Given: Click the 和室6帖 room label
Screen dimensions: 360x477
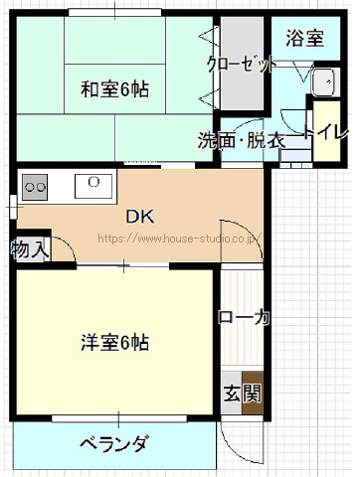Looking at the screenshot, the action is [x=114, y=89].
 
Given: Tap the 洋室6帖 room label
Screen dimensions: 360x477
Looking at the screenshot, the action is [x=114, y=342].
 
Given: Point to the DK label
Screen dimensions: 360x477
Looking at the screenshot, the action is [x=140, y=217].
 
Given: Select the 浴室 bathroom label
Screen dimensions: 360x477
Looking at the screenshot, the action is [x=304, y=38].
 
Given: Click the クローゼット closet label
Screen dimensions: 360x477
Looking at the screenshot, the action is [x=242, y=64].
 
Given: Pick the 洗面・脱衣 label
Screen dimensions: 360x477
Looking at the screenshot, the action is [x=242, y=140].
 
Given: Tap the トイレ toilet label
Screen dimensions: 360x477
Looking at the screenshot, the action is [x=326, y=132].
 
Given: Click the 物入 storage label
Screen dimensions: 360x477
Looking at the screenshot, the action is [x=30, y=249].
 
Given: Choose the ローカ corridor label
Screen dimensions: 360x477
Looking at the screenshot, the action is [x=244, y=317].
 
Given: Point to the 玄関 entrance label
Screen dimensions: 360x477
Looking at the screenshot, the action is [x=243, y=394].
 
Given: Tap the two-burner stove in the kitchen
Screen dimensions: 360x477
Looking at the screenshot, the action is [x=35, y=187].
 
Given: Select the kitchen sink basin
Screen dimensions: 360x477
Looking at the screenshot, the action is [x=93, y=186].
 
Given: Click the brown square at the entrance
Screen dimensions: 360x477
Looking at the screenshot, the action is [x=253, y=394].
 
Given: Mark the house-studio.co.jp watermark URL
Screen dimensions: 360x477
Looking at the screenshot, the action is [x=179, y=238].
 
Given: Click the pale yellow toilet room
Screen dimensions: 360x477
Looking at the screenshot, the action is [x=327, y=130].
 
